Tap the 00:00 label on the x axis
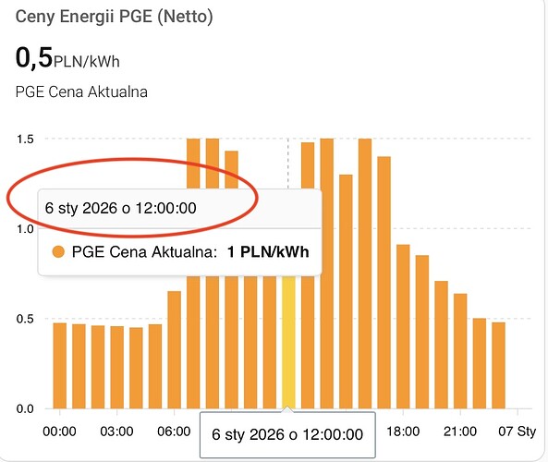(x=59, y=432)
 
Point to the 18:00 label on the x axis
(x=403, y=432)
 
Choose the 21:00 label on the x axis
(x=460, y=432)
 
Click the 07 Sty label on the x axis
(x=518, y=432)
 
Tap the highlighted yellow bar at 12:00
(x=288, y=342)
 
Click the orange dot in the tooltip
(x=58, y=252)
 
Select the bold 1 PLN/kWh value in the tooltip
(x=268, y=252)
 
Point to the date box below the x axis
(x=287, y=434)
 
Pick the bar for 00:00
(x=60, y=365)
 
